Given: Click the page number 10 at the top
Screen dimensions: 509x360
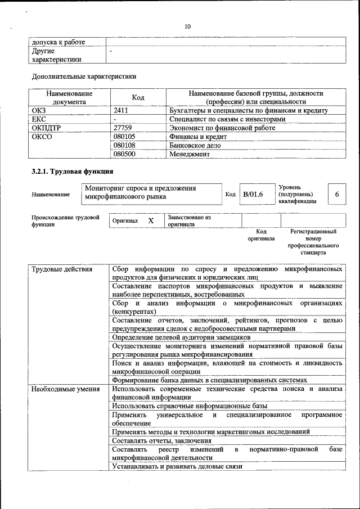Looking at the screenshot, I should click(x=188, y=26).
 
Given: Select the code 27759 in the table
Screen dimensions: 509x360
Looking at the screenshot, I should click(x=123, y=128).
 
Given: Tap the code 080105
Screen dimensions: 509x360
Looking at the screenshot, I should click(x=124, y=136).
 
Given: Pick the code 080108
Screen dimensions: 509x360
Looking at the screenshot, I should click(x=124, y=145).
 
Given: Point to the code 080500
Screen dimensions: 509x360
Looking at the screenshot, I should click(x=124, y=153).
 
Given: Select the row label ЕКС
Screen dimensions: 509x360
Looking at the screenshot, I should click(x=39, y=119).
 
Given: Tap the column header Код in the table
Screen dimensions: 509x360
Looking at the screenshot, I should click(x=138, y=98).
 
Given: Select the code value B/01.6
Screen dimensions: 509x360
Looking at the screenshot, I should click(x=253, y=194).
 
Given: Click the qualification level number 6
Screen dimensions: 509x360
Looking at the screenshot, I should click(x=336, y=194).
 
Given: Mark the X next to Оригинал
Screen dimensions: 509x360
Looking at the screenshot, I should click(x=151, y=221).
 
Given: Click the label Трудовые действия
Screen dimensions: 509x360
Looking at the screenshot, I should click(x=62, y=269).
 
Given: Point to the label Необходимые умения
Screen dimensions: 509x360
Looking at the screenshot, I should click(x=62, y=389).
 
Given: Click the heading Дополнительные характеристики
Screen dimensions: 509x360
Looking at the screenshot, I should click(x=84, y=75).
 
